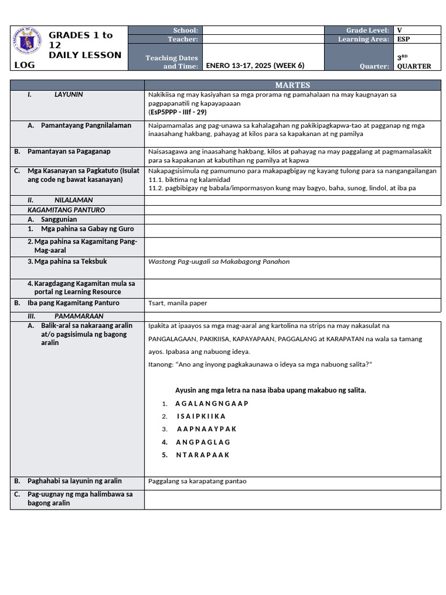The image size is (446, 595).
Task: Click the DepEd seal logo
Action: coord(30,41)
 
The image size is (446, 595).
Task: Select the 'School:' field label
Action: coord(185,30)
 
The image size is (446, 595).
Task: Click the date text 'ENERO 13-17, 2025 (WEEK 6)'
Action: coord(255,66)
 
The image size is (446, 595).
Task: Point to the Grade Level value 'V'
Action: coord(399,30)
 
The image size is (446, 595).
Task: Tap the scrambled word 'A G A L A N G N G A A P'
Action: coord(211,403)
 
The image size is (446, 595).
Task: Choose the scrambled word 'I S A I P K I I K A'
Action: coord(201,416)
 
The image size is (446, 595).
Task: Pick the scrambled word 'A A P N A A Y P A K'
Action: coord(206,429)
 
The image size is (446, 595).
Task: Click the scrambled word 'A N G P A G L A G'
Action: coord(203,442)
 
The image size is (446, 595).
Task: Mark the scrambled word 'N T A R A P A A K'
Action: coord(203,455)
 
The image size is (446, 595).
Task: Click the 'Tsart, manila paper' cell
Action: coord(178,303)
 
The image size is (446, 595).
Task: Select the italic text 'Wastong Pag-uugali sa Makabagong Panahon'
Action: coord(219,261)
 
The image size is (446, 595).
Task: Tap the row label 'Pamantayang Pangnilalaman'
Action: coord(86,126)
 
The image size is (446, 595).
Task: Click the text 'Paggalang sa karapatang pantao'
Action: coord(197,481)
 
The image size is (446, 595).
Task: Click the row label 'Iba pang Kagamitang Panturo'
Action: coord(73,303)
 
